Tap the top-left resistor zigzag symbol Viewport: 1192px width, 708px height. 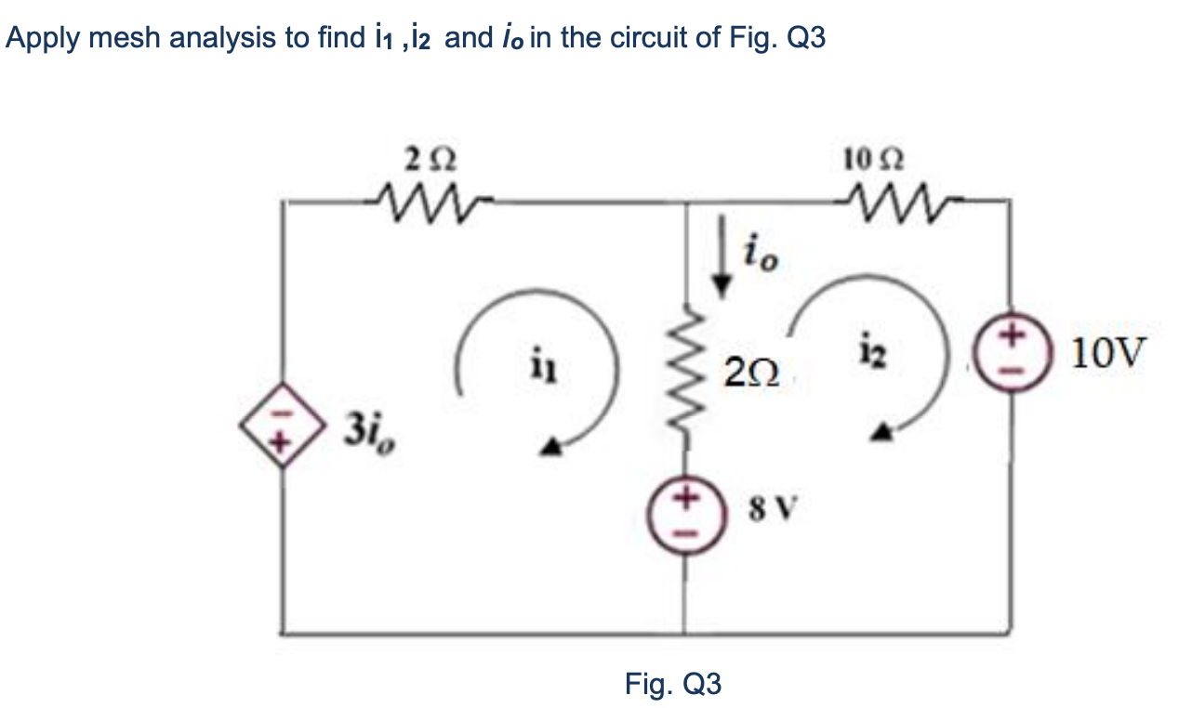(430, 197)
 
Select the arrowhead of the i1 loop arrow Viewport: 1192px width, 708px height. (551, 449)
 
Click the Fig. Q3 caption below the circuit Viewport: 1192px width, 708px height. (672, 685)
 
